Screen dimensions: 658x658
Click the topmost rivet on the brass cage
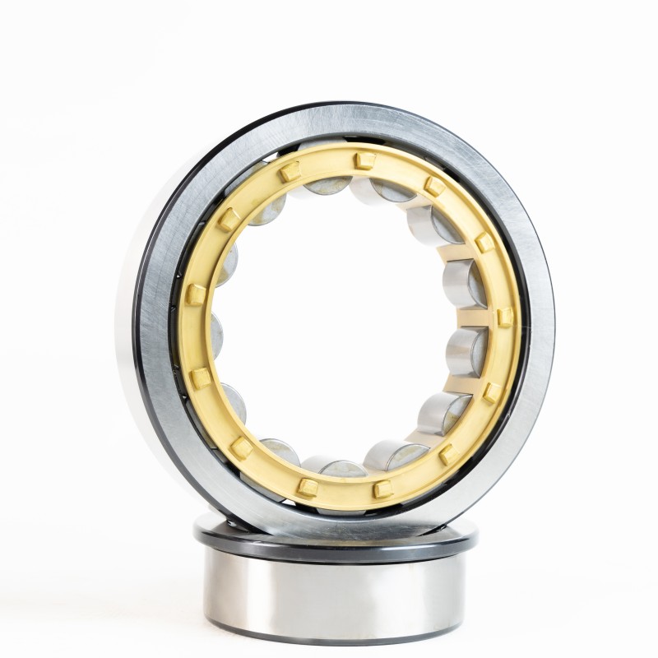click(359, 158)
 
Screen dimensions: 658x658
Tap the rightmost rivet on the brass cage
click(504, 317)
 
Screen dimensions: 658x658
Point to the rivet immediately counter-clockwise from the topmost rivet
click(290, 172)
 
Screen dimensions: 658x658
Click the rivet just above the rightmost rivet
click(484, 243)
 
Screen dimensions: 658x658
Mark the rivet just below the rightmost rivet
click(491, 392)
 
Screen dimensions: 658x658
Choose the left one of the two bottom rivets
click(308, 486)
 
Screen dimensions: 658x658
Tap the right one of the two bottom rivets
click(382, 489)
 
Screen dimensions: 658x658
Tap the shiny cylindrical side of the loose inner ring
click(337, 600)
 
